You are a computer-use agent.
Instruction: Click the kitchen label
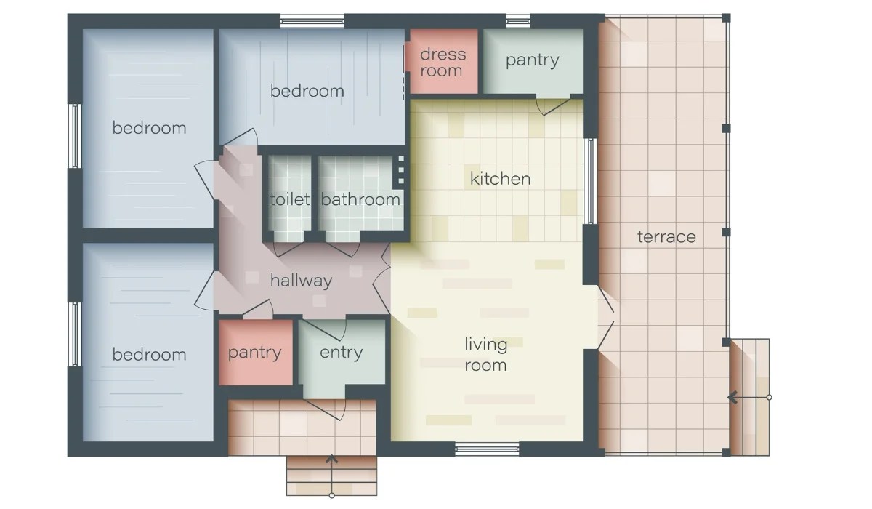pos(500,179)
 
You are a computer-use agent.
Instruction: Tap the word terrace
pos(666,237)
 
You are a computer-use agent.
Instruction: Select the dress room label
pos(443,63)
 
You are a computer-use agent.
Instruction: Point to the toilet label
pos(290,200)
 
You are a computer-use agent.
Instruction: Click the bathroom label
pos(360,200)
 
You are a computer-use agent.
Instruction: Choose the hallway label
pos(301,281)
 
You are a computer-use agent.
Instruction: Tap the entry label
pos(341,353)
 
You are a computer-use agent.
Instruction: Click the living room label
pos(485,354)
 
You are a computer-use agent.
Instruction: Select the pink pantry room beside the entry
pos(255,353)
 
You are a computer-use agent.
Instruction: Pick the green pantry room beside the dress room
pos(533,61)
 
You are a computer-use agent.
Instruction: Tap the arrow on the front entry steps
pos(332,460)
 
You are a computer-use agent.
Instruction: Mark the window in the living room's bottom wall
pos(486,448)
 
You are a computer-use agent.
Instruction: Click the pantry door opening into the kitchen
pos(551,105)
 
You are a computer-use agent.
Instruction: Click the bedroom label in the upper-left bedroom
pos(149,129)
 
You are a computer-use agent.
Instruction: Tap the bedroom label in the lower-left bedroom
pos(149,355)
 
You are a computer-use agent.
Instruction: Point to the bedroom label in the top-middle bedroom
pos(307,92)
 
